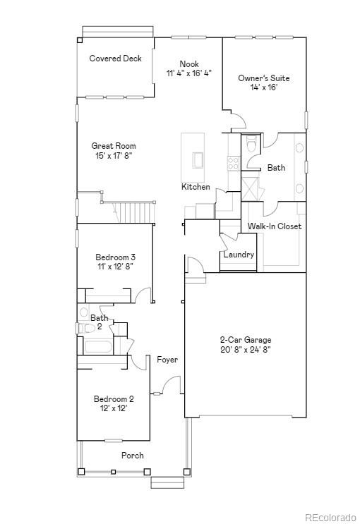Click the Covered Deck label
click(x=115, y=59)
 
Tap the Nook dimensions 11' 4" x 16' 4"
click(x=188, y=73)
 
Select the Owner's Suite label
click(x=263, y=78)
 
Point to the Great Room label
click(x=113, y=146)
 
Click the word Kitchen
click(x=196, y=187)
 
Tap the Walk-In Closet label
click(x=274, y=226)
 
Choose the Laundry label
click(x=239, y=255)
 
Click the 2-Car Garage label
click(x=245, y=339)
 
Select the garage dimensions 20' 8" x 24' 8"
click(x=245, y=348)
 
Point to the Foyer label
click(x=167, y=360)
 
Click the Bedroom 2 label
click(x=114, y=399)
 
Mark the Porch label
click(x=132, y=456)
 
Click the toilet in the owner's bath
click(x=251, y=145)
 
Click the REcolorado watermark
click(x=331, y=518)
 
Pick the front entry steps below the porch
click(x=167, y=482)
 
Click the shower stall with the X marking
click(x=251, y=189)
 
